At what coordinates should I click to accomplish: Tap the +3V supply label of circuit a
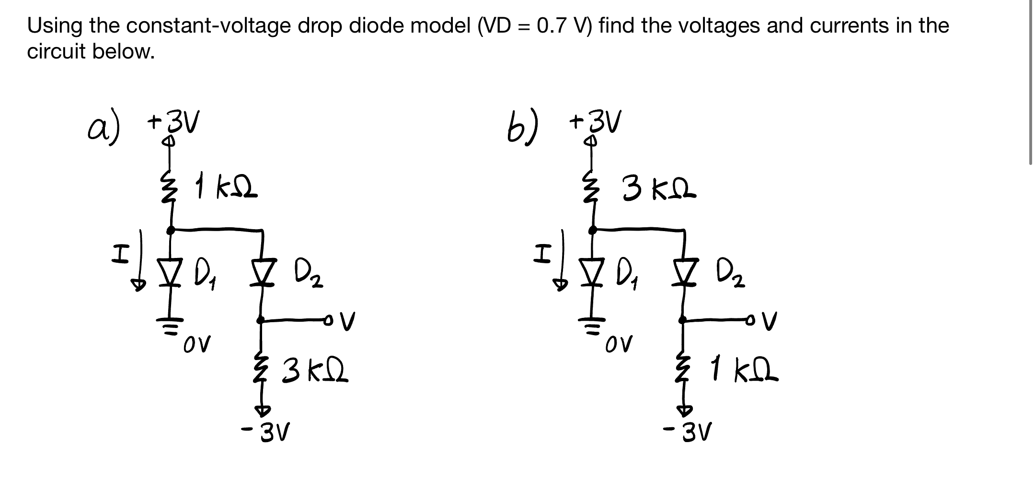point(173,122)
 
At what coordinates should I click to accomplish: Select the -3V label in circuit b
point(688,433)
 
